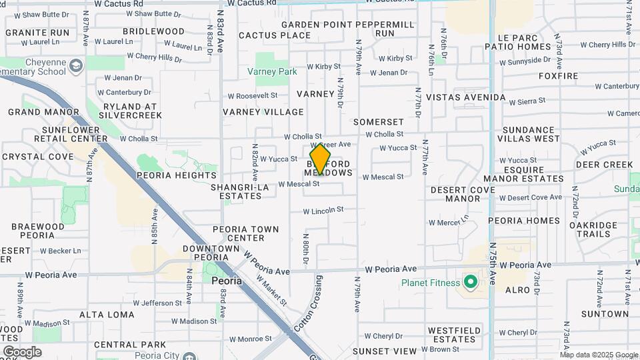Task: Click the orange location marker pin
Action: pyautogui.click(x=320, y=159)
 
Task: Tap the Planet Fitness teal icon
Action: pyautogui.click(x=471, y=283)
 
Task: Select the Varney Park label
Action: pyautogui.click(x=272, y=71)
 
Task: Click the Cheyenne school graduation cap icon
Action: pyautogui.click(x=76, y=65)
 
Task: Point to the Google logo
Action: pyautogui.click(x=22, y=351)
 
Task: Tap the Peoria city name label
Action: pyautogui.click(x=226, y=281)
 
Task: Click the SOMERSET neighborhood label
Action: pyautogui.click(x=379, y=122)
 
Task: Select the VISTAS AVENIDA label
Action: pyautogui.click(x=466, y=97)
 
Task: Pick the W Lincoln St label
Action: pyautogui.click(x=323, y=210)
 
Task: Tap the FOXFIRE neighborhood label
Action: pyautogui.click(x=559, y=76)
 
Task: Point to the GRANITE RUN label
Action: pyautogui.click(x=37, y=32)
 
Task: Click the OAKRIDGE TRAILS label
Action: pyautogui.click(x=593, y=229)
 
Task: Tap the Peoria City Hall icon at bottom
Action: pyautogui.click(x=189, y=355)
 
